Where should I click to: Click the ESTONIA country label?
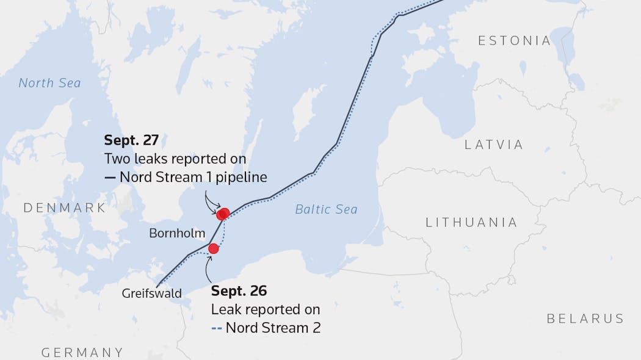tap(515, 41)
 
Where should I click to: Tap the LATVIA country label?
tap(494, 145)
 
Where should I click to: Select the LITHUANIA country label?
tap(471, 222)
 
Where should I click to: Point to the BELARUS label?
tap(585, 319)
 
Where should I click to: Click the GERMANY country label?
tap(82, 353)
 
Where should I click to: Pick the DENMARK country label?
tap(65, 208)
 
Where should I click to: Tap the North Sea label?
tap(49, 83)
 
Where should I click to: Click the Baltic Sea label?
tap(326, 209)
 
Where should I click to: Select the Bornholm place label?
tap(177, 233)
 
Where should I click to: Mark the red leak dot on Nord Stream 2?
tap(214, 248)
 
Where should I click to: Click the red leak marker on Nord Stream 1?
tap(223, 214)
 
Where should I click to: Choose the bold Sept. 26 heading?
tap(239, 290)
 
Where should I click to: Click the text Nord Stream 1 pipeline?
tap(194, 178)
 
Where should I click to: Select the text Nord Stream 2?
tap(273, 328)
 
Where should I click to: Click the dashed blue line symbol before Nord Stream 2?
tap(216, 328)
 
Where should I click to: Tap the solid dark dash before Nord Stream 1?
tap(110, 178)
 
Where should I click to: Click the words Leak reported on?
tap(266, 309)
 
